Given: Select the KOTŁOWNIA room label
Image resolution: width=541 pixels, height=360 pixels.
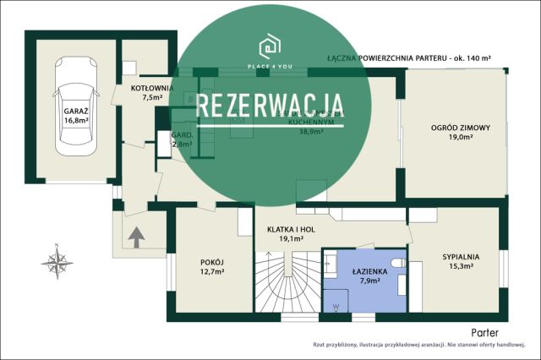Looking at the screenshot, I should [x=152, y=88].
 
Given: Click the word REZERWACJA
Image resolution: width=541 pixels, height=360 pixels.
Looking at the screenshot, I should [x=270, y=107].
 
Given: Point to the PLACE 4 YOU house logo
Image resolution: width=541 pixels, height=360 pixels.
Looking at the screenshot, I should [x=270, y=44].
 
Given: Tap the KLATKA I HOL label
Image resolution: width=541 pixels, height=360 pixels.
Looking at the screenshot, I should [x=292, y=229].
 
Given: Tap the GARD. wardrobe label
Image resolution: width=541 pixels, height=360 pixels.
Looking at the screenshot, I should [x=182, y=135].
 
